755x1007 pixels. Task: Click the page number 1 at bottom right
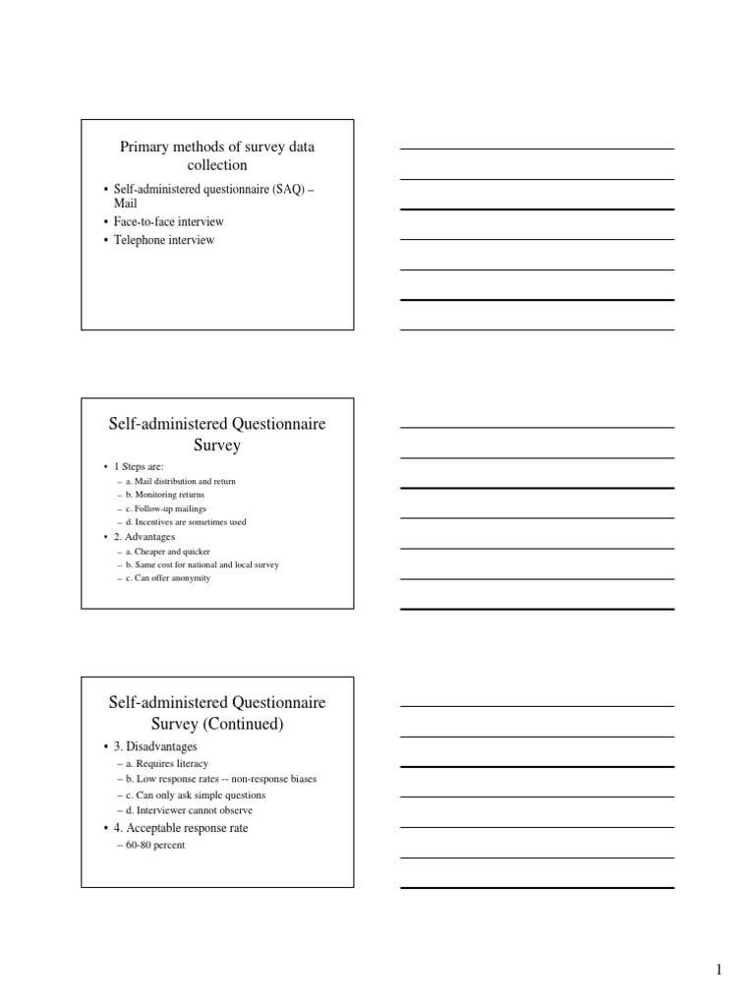[719, 971]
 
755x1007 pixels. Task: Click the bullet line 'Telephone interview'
[163, 240]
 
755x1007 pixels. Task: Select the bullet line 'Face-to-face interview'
[168, 221]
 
